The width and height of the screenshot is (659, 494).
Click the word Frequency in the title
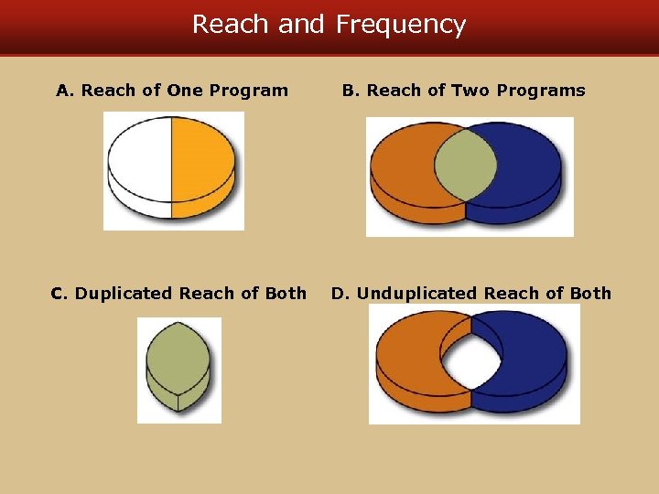401,25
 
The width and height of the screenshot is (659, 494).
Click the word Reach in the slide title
231,25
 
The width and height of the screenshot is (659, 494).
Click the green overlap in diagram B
465,165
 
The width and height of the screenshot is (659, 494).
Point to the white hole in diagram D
470,359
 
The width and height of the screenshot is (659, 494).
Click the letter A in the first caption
62,91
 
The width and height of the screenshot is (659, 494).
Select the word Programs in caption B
540,91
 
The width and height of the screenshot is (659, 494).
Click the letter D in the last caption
338,294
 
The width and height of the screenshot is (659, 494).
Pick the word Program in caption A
248,91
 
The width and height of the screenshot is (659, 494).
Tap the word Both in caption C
286,294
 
